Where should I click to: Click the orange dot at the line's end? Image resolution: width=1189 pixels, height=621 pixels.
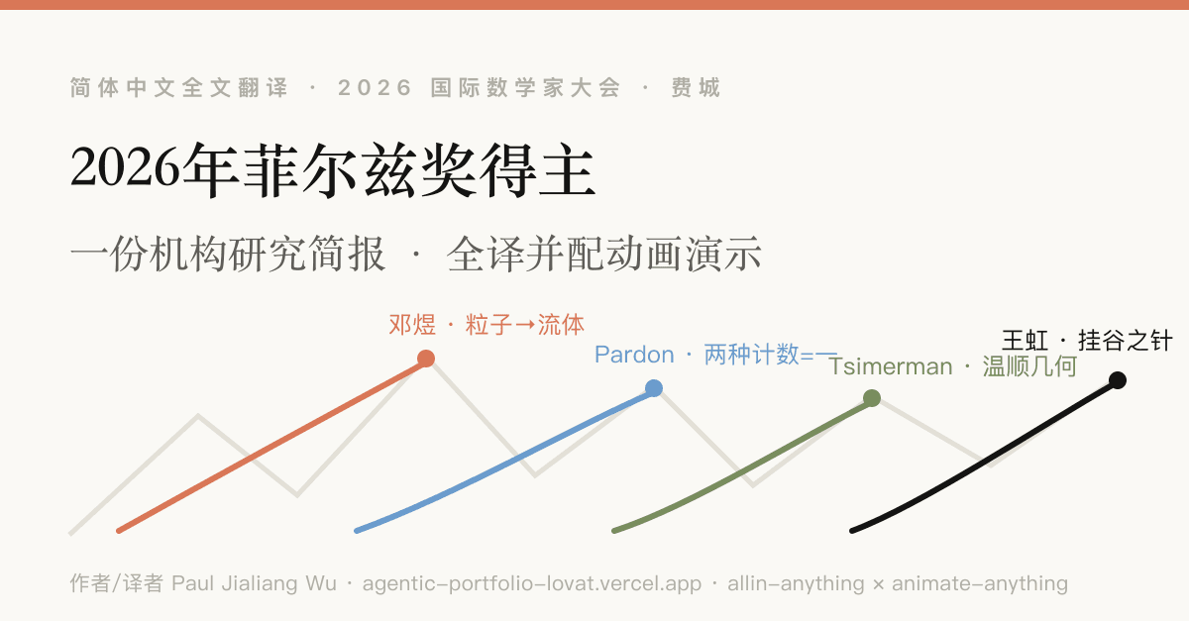point(426,359)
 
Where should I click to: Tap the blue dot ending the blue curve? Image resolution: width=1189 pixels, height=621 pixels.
point(654,388)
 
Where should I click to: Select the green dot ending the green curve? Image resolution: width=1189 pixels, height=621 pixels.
point(872,398)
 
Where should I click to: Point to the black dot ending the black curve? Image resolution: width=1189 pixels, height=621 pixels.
point(1118,380)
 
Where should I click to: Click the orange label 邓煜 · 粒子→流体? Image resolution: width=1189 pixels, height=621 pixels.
point(486,325)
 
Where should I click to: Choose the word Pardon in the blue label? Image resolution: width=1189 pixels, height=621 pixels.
point(634,355)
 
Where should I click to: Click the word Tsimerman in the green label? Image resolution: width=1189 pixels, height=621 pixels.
point(891,366)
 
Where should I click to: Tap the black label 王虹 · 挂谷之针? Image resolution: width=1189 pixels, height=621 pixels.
point(1087,341)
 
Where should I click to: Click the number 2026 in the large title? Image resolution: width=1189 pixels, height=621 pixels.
point(126,168)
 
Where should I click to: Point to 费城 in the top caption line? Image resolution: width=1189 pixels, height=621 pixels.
point(696,87)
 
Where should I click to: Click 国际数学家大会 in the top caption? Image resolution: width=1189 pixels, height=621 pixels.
point(525,87)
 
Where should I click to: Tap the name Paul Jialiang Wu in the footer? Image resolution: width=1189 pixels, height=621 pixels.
point(255,583)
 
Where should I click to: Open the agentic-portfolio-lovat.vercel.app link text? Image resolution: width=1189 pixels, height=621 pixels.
point(532,583)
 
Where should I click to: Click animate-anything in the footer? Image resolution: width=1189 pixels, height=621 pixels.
point(980,583)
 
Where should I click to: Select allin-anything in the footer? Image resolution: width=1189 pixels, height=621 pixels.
point(797,583)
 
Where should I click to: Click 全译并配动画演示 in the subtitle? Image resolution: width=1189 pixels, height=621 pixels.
point(604,255)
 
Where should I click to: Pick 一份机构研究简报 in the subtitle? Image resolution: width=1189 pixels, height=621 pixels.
point(228,255)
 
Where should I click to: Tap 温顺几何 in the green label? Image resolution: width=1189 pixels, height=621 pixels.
point(1029,366)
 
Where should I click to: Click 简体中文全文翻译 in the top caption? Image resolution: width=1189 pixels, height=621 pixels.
point(179,87)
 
